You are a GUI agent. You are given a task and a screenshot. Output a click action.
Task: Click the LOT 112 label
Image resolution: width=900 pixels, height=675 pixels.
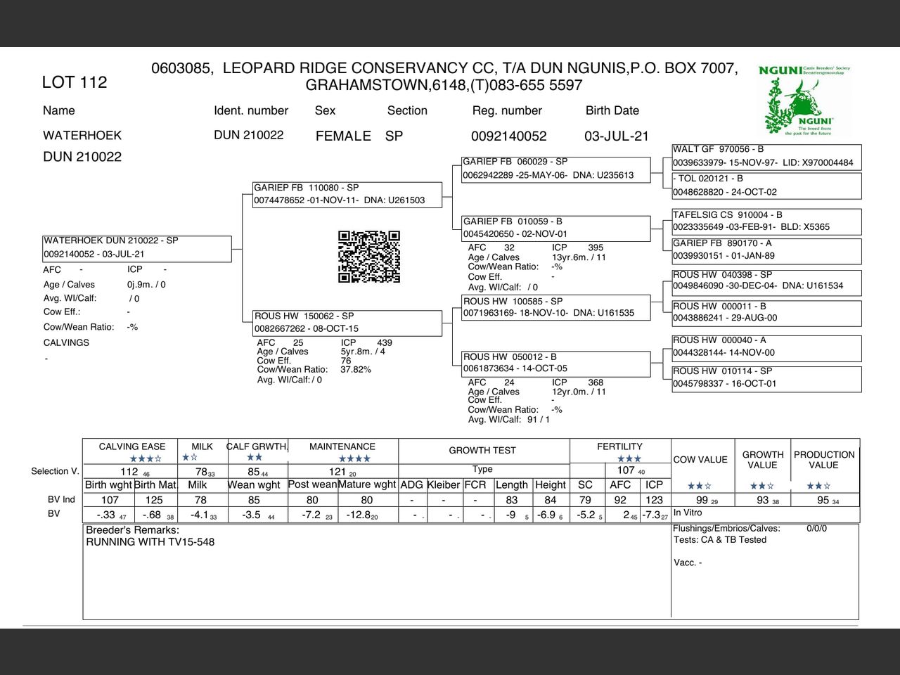(75, 82)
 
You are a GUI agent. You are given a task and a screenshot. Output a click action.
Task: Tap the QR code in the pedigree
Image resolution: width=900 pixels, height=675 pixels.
(369, 257)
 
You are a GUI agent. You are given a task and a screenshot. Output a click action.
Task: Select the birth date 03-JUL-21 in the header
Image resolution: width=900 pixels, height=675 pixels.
(616, 136)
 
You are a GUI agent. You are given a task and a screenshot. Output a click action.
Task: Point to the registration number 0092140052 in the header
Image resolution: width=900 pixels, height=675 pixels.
(508, 136)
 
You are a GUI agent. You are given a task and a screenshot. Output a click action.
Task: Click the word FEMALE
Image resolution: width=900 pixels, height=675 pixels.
(343, 136)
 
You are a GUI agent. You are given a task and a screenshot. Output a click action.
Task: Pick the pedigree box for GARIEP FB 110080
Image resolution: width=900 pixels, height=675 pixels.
(347, 194)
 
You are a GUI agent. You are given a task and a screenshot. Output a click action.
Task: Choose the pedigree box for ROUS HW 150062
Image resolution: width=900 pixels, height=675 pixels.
(347, 323)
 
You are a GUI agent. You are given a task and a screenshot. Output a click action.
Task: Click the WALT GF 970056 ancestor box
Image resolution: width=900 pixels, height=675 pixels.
(766, 156)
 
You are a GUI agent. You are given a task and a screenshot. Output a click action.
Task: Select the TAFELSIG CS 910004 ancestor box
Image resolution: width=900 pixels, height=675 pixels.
(766, 221)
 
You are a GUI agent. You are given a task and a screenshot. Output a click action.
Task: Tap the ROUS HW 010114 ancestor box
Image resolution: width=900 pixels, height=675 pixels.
(766, 378)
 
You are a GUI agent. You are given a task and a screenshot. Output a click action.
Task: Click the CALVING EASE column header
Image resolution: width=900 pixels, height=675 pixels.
(132, 446)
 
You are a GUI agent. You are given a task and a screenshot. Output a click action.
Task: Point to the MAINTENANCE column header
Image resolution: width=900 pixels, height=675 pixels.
(342, 446)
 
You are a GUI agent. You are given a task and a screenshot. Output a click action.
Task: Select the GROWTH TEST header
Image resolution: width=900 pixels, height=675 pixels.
(482, 451)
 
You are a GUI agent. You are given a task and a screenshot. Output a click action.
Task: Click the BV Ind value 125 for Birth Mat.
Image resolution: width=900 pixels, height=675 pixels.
(154, 500)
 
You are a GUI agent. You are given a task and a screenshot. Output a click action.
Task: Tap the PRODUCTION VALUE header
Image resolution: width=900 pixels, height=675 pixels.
(824, 460)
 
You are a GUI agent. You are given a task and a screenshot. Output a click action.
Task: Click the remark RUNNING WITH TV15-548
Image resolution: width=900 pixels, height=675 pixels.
(150, 542)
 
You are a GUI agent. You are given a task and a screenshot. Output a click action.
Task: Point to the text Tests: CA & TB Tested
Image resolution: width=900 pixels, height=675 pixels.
(720, 540)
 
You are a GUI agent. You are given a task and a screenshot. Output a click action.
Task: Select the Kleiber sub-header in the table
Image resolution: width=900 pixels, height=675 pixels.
(444, 485)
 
